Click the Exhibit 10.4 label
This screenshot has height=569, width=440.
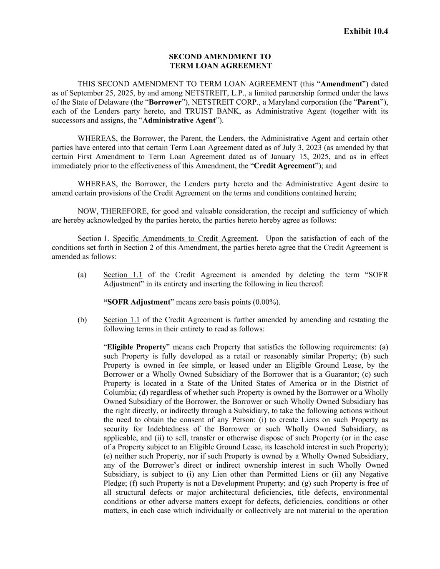[x=366, y=31]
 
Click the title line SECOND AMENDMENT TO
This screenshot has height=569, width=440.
[x=220, y=56]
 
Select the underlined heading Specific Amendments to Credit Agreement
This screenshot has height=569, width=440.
[x=184, y=238]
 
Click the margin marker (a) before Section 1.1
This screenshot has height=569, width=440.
[x=82, y=275]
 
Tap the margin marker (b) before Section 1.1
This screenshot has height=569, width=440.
[x=82, y=320]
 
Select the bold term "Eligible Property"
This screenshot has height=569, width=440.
[x=136, y=347]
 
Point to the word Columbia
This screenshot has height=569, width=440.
[x=117, y=393]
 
